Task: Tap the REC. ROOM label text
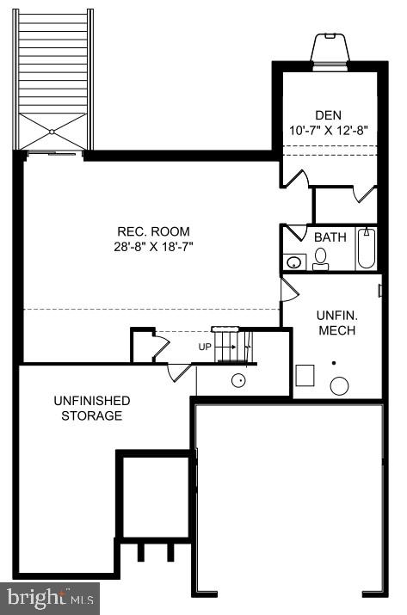point(154,231)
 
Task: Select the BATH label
point(330,237)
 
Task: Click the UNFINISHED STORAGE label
point(92,409)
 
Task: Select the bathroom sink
point(293,261)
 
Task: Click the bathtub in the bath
point(366,249)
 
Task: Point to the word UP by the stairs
point(205,347)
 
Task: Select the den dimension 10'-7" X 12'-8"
point(328,132)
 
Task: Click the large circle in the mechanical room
point(340,385)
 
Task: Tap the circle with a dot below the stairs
point(240,379)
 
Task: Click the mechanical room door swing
point(289,288)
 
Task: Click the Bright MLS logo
point(51,597)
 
